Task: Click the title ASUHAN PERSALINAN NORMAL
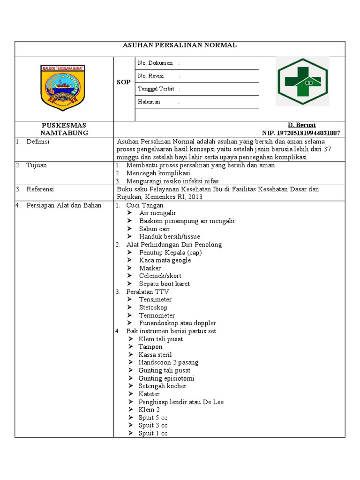180,45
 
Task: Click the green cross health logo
302,81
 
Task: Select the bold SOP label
124,82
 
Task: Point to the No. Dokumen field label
155,63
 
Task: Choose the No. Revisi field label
150,76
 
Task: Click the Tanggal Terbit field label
156,89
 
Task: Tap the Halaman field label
149,102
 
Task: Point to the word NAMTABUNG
64,133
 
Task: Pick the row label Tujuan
37,165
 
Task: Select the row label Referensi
40,189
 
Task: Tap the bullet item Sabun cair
154,229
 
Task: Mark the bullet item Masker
150,268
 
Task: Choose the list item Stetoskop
153,307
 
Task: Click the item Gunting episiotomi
166,378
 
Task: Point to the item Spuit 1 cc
153,433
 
